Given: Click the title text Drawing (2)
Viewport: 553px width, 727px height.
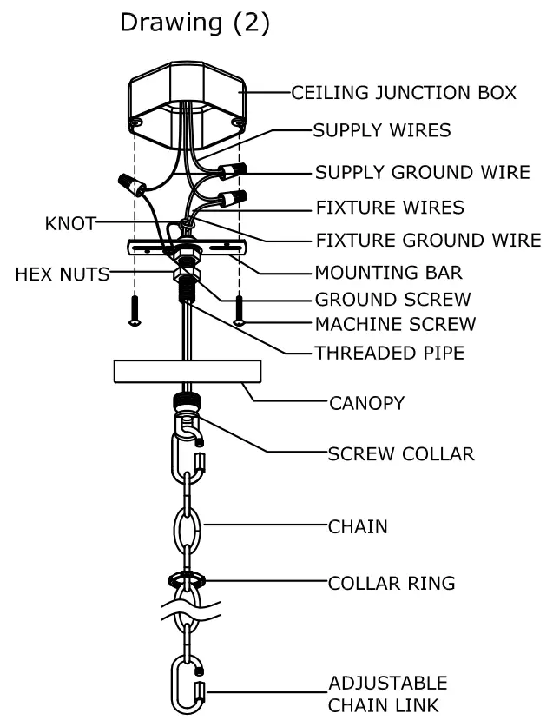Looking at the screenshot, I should pyautogui.click(x=194, y=23).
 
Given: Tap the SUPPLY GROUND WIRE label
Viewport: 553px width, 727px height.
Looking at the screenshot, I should pyautogui.click(x=422, y=172).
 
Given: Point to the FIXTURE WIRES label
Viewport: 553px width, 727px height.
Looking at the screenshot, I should pyautogui.click(x=389, y=208).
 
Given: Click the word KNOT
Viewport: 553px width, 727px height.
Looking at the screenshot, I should pyautogui.click(x=69, y=224).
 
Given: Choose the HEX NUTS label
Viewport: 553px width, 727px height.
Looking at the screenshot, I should pyautogui.click(x=62, y=275).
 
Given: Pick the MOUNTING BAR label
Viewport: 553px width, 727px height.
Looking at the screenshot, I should pyautogui.click(x=388, y=273).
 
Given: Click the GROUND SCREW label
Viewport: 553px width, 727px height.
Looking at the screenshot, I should pyautogui.click(x=392, y=300).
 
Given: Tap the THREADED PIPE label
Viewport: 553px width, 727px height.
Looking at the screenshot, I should pyautogui.click(x=390, y=353).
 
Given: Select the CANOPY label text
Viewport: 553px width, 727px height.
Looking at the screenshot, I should pyautogui.click(x=366, y=403).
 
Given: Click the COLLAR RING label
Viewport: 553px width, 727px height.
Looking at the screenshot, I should pyautogui.click(x=391, y=583).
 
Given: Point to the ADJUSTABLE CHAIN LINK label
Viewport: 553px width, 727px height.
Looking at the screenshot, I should pyautogui.click(x=387, y=693).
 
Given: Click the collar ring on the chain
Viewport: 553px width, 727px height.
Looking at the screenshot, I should pyautogui.click(x=185, y=578).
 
